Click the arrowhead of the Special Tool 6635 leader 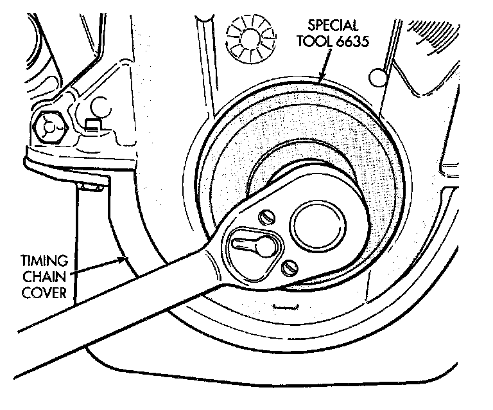coord(320,80)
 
